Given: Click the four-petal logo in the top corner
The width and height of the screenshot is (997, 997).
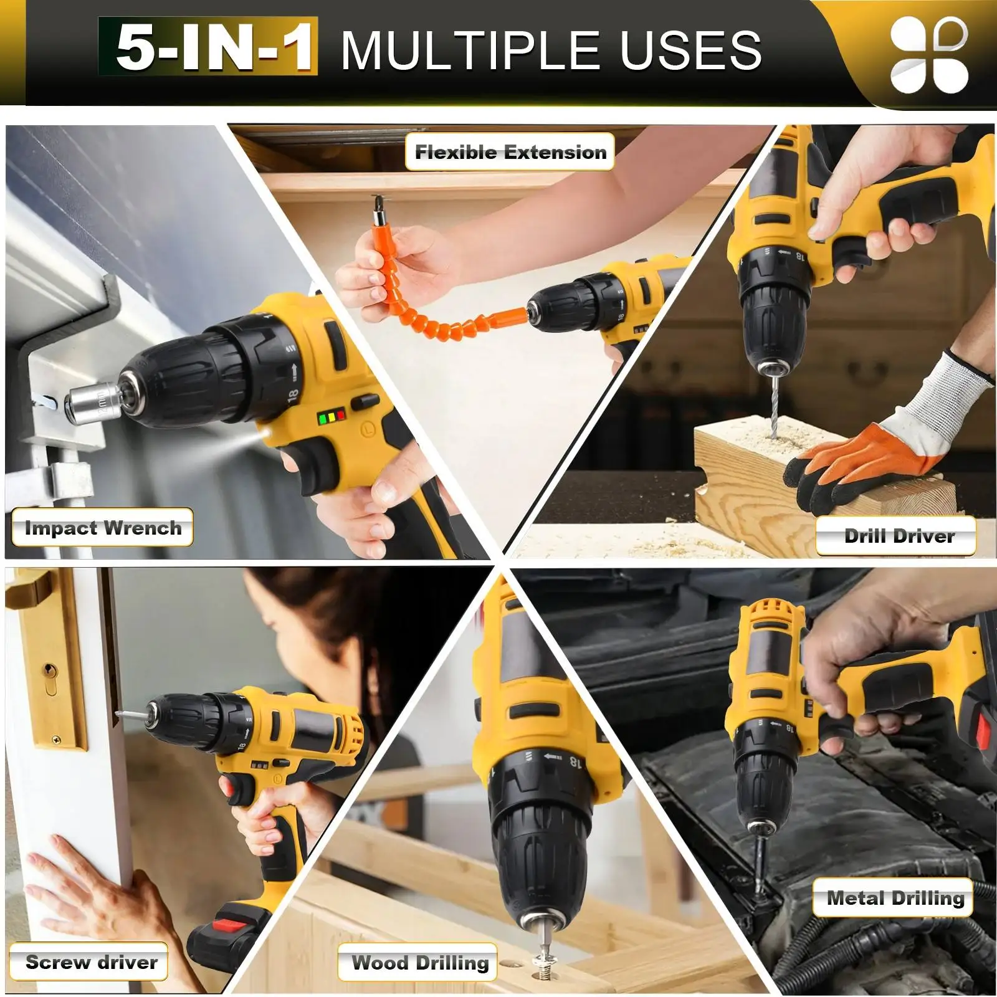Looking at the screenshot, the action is coord(929,55).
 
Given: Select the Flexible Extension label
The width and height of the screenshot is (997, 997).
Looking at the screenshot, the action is coord(510,151).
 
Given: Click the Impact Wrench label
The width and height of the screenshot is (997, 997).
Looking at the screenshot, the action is coord(103,528).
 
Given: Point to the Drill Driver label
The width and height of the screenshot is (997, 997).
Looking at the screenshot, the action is coord(897,536).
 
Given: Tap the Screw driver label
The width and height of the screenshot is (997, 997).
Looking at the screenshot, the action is coord(90,962).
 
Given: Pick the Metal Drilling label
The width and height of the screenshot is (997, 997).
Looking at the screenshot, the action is coord(894,898).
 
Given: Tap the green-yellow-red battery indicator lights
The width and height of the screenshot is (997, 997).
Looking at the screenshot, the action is coord(331,417).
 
